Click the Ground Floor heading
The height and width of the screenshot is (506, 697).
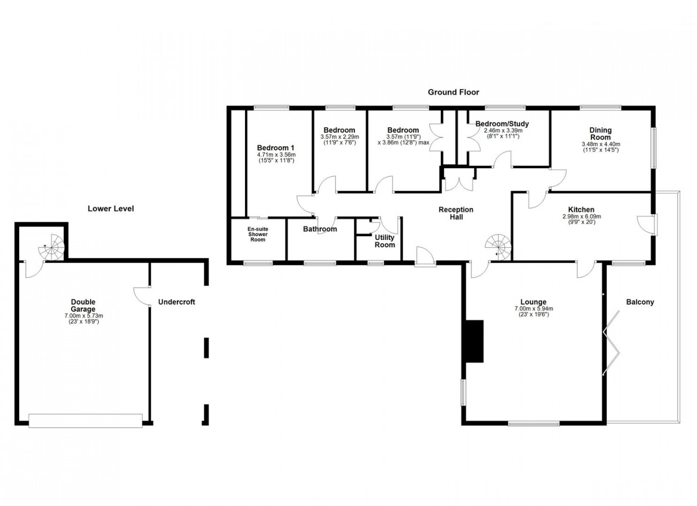pyautogui.click(x=454, y=92)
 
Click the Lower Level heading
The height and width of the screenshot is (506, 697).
pyautogui.click(x=111, y=208)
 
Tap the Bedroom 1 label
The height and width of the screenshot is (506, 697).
pyautogui.click(x=276, y=148)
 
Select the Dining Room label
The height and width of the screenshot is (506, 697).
pyautogui.click(x=600, y=134)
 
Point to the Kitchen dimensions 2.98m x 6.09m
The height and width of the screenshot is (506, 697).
pyautogui.click(x=582, y=217)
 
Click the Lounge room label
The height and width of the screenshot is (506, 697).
pyautogui.click(x=533, y=302)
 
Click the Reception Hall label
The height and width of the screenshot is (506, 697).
pyautogui.click(x=456, y=213)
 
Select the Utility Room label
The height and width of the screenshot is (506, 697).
pyautogui.click(x=384, y=241)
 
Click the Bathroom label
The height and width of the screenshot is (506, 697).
pyautogui.click(x=320, y=229)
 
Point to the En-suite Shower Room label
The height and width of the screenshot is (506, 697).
pyautogui.click(x=258, y=234)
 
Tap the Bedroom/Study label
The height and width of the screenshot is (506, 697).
pyautogui.click(x=502, y=124)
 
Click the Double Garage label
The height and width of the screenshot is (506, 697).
pyautogui.click(x=83, y=306)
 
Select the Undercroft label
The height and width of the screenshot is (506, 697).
pyautogui.click(x=176, y=302)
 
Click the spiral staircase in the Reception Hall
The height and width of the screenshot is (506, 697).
pyautogui.click(x=498, y=247)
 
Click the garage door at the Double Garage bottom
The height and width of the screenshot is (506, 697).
pyautogui.click(x=85, y=420)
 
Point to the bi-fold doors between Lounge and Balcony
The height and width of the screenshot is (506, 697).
pyautogui.click(x=611, y=343)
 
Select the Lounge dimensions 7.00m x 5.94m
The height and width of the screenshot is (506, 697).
pyautogui.click(x=533, y=308)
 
